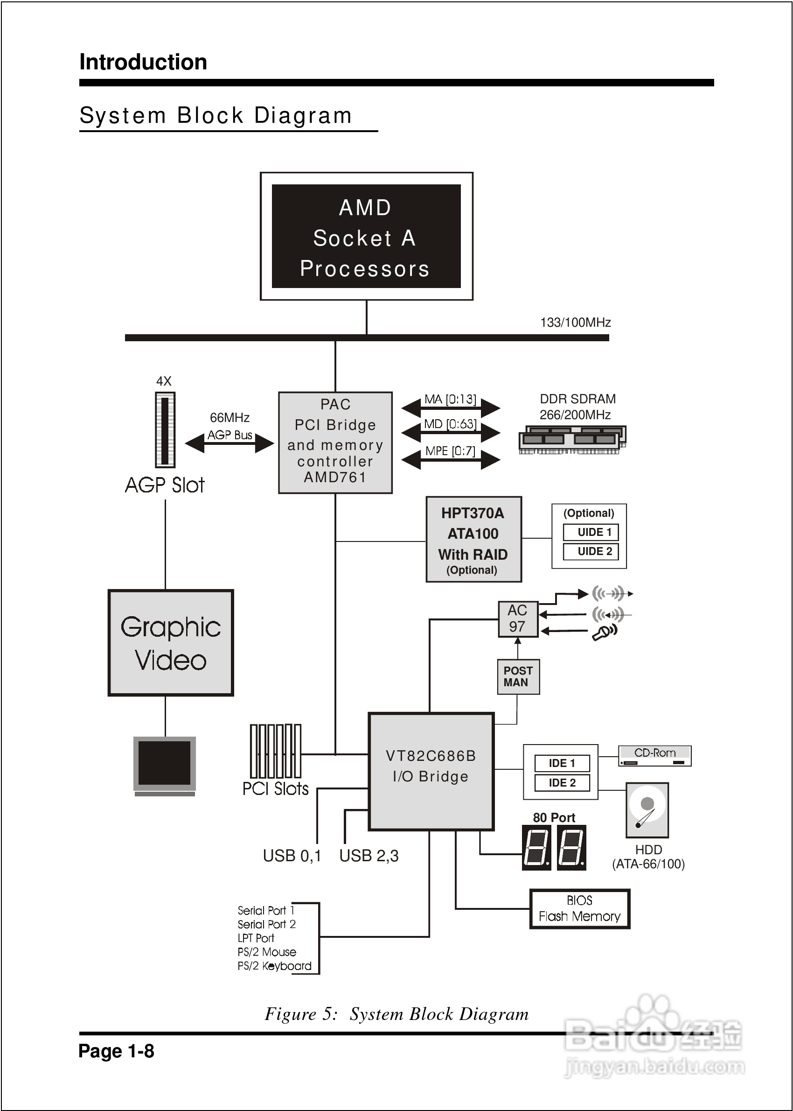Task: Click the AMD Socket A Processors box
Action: pos(366,236)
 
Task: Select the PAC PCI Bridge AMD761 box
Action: pos(335,442)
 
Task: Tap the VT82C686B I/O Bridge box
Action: pos(431,772)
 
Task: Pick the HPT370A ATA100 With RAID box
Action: pos(473,539)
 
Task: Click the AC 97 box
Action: pos(518,619)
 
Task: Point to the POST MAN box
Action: pos(518,677)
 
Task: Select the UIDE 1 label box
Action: pos(591,532)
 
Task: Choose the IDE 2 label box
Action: pos(562,783)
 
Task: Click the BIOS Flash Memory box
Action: pos(580,909)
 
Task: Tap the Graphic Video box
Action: pos(170,643)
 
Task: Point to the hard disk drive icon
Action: pos(647,810)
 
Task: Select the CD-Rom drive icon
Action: pos(654,756)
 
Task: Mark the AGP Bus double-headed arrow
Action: pos(230,443)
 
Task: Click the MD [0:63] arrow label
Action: pos(450,424)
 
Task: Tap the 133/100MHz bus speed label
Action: pos(575,323)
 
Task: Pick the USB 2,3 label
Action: pos(369,856)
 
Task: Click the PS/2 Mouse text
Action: pos(267,952)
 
